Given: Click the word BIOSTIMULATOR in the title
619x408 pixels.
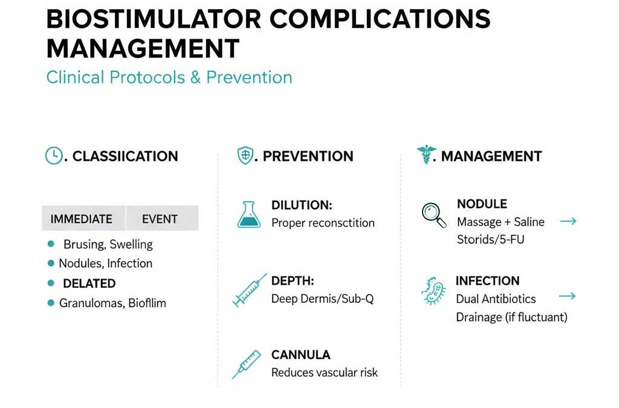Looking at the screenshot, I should (154, 20).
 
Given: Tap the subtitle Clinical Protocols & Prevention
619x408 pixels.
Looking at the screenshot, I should (169, 77).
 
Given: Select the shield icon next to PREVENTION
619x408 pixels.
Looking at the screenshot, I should (244, 156).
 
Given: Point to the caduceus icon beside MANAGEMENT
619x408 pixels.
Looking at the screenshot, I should (427, 155).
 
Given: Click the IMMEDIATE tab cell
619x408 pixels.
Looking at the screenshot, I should (82, 219).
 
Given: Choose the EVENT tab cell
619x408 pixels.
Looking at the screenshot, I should (160, 219).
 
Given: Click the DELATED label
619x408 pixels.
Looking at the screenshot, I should (89, 283).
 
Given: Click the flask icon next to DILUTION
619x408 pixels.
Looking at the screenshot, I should (249, 215).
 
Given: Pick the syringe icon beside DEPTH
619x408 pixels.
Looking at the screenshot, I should (249, 290).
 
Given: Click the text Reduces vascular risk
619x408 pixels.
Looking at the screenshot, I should (325, 373).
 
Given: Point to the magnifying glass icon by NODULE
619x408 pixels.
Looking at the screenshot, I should (433, 215).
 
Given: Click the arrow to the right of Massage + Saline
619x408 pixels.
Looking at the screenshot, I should (568, 222).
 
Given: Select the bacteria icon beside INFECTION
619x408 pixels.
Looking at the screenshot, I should (433, 291).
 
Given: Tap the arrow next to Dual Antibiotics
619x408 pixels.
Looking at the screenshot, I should (568, 297).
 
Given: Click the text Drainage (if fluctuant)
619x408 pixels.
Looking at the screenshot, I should (512, 317).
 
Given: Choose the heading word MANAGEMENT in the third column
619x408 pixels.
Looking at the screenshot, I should (491, 157).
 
